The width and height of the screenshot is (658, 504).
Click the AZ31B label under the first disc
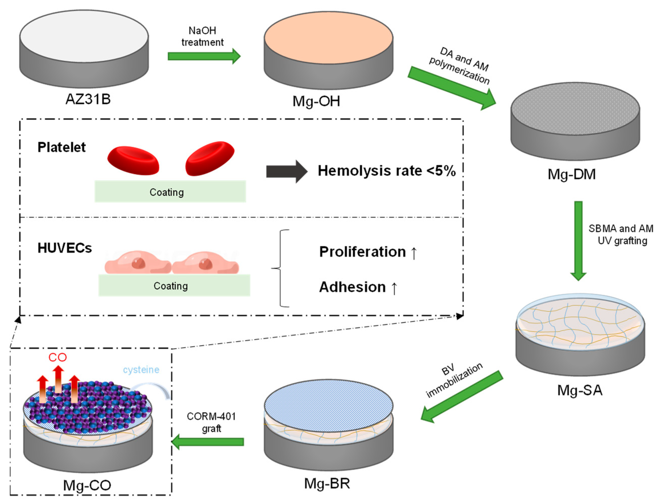pos(88,99)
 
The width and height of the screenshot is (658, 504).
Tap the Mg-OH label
pos(316,101)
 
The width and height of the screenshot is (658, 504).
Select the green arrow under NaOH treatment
pos(204,56)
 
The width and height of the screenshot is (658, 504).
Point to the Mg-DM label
pos(571,174)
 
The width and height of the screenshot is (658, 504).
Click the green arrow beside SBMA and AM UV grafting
pos(578,240)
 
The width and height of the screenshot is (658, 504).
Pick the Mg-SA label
pos(579,390)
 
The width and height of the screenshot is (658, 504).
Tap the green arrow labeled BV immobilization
pos(462,396)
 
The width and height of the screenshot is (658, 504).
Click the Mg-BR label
pos(327,483)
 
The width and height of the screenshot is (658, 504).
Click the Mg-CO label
pos(87,485)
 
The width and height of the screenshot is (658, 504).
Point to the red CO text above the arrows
pos(58,357)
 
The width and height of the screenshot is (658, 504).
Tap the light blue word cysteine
pos(141,370)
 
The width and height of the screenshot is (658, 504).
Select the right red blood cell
pos(210,158)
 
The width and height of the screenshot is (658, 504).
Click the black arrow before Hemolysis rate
pos(286,171)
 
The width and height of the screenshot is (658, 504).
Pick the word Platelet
pos(61,147)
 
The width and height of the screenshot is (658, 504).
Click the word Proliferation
pos(362,252)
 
